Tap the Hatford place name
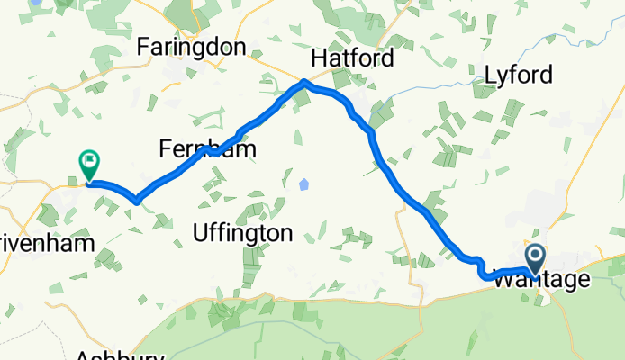pos(352,58)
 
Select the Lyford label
pos(518,75)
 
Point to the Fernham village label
pos(206,148)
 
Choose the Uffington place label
pos(242,233)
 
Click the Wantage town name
pos(541,280)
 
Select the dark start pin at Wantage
pos(534,259)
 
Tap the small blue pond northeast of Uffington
pos(303,184)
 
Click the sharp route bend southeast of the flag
pos(135,200)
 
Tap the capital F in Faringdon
pos(142,47)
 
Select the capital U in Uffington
pos(200,233)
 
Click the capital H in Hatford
pos(318,58)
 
